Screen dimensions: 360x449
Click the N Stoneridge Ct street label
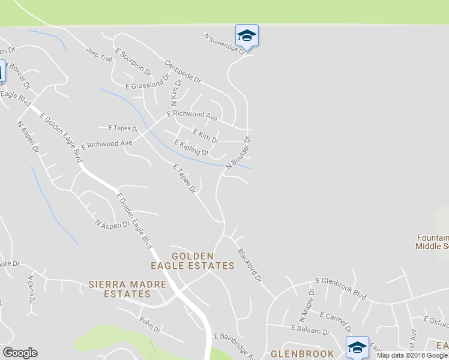(x=224, y=44)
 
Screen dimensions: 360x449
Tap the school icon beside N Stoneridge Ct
(x=247, y=36)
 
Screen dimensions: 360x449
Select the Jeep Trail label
(x=99, y=55)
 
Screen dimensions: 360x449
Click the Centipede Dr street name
(x=182, y=71)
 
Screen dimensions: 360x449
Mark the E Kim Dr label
(x=206, y=135)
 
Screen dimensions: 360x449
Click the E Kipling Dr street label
(x=191, y=148)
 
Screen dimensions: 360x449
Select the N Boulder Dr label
(x=238, y=153)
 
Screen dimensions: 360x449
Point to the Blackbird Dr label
(x=250, y=265)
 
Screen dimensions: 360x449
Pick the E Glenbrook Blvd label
(x=341, y=288)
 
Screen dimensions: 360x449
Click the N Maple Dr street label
(x=306, y=305)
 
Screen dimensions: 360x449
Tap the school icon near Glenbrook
(x=357, y=347)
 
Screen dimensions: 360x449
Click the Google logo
(x=20, y=353)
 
